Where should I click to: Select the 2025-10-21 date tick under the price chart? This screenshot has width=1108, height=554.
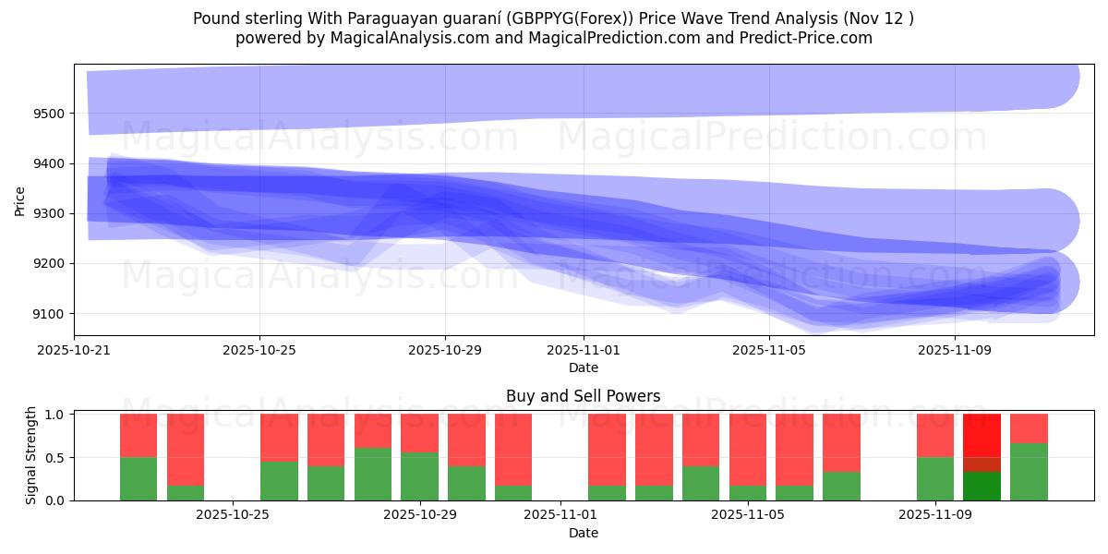click(75, 351)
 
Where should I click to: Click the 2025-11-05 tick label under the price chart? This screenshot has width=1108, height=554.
click(769, 351)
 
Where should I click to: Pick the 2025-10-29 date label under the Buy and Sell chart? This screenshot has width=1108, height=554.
click(421, 515)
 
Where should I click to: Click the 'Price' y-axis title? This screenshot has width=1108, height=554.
click(20, 199)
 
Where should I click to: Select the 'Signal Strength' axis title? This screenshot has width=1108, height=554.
click(30, 456)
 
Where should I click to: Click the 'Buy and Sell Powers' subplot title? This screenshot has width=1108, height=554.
click(583, 396)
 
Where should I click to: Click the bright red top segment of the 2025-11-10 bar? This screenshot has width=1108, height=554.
click(982, 434)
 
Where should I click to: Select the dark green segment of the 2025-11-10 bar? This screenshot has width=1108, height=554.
click(982, 486)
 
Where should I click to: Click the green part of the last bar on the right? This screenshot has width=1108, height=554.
click(1029, 472)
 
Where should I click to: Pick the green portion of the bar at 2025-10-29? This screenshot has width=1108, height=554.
click(420, 476)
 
